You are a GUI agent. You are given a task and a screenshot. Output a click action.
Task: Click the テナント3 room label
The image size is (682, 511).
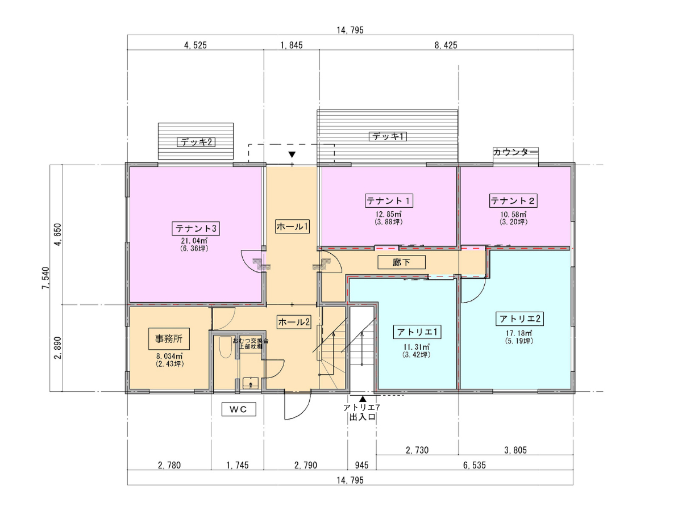point(196,229)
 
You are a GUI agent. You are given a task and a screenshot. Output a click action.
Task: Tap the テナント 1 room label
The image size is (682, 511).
point(389,201)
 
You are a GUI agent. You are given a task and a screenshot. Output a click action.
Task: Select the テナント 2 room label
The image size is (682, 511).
point(513,201)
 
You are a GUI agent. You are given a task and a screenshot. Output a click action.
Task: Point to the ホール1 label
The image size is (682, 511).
point(292,227)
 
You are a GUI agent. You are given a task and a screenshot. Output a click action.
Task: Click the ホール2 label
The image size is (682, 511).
point(294,322)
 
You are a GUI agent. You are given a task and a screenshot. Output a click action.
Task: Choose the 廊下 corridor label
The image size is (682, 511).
point(401,262)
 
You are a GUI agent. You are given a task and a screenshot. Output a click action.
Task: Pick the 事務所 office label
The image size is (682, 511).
point(169,339)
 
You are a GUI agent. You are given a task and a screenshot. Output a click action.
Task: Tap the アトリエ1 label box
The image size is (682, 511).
point(417,332)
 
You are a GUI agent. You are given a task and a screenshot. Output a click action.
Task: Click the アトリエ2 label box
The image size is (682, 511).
point(519,319)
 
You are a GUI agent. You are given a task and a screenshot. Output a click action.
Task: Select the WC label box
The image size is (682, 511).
point(239,409)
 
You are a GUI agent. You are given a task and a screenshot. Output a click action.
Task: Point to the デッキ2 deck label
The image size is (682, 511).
point(196,142)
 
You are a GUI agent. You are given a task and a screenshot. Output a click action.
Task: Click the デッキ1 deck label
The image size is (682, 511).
point(388,136)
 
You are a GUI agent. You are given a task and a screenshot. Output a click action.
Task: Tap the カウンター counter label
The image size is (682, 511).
point(515,152)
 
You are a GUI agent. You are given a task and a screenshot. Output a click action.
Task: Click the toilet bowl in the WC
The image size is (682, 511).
point(225,347)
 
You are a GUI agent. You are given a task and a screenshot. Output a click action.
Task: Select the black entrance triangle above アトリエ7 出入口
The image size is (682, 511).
point(363,399)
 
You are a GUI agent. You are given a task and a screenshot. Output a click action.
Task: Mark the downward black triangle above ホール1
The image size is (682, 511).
point(292,154)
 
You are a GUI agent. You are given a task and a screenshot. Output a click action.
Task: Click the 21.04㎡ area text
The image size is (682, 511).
point(194,241)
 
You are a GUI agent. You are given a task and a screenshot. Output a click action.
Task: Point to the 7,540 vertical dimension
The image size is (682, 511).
point(46,278)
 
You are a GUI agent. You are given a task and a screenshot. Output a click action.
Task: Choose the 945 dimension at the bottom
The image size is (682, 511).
point(361,465)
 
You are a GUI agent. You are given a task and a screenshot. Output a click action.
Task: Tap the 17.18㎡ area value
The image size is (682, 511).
point(519,333)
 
